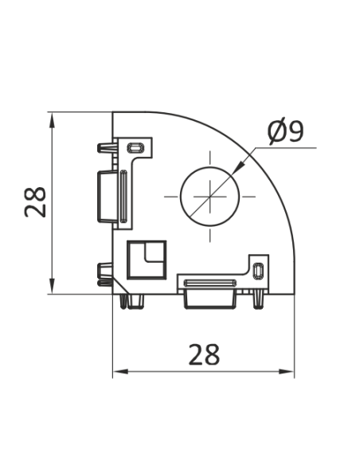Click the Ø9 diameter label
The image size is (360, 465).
tap(286, 131)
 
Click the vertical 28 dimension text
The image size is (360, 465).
tap(35, 202)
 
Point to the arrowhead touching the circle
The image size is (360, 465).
tap(239, 168)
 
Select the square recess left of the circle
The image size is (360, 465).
tap(147, 259)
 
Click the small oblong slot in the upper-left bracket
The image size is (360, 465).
tap(135, 147)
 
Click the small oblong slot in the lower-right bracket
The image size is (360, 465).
tap(257, 271)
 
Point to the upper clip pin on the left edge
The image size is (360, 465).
tap(105, 148)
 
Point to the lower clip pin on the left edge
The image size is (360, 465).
tap(104, 272)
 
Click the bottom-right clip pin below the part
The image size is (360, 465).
tap(261, 299)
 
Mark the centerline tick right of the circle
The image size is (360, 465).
tap(248, 195)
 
